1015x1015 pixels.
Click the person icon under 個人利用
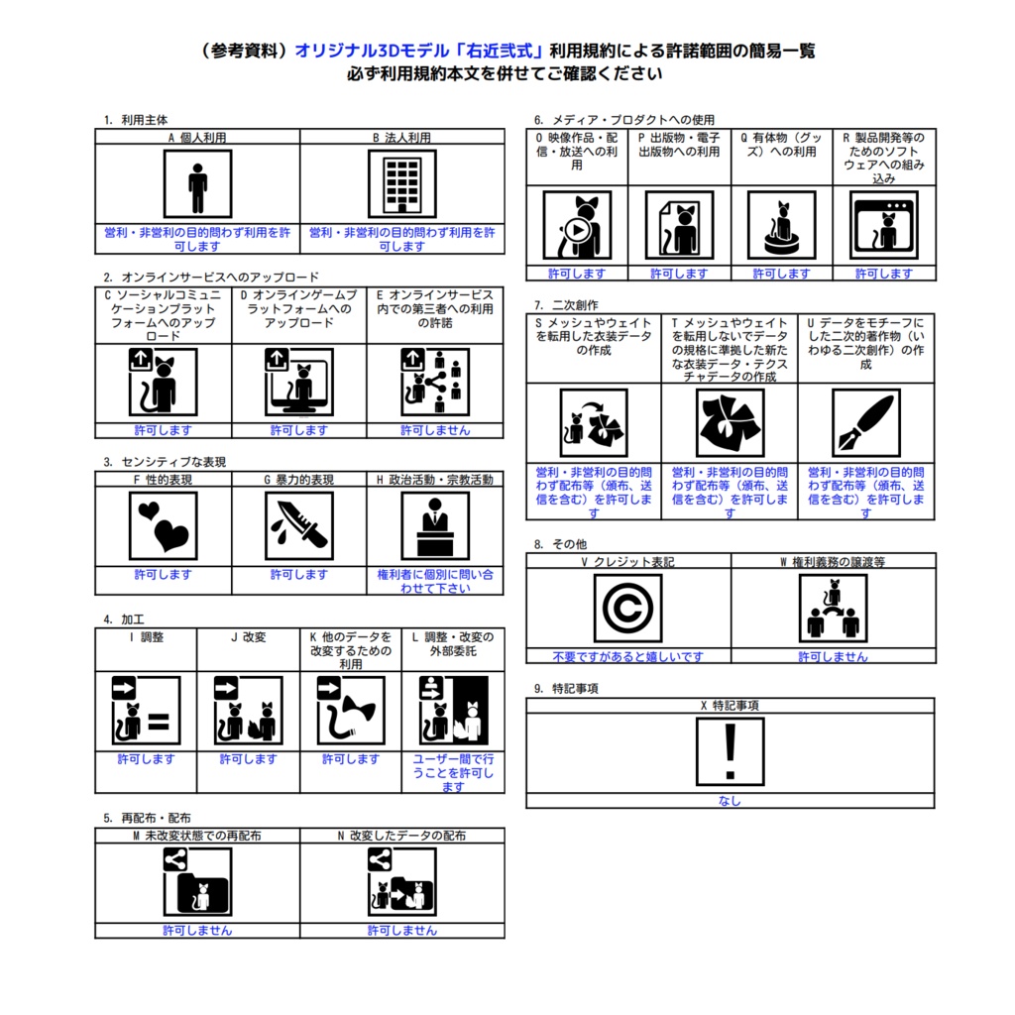click(197, 184)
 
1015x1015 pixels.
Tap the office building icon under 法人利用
click(402, 184)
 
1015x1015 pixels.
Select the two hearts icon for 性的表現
click(164, 525)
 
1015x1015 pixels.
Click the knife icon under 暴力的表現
click(299, 525)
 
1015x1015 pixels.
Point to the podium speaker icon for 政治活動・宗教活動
click(435, 525)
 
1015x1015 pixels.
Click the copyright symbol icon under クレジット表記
click(627, 609)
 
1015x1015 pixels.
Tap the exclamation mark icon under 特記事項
click(731, 751)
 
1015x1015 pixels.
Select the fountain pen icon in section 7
click(866, 423)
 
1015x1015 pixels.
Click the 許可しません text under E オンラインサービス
click(435, 430)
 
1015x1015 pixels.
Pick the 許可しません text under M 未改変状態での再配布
click(197, 930)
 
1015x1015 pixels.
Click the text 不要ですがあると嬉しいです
click(627, 656)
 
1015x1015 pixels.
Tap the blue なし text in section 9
click(730, 801)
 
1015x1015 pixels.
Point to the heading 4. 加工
click(124, 620)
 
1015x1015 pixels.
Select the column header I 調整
click(147, 637)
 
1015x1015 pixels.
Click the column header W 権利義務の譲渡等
click(833, 562)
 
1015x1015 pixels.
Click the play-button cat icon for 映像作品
click(577, 225)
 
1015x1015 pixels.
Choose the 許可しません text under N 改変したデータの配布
click(402, 930)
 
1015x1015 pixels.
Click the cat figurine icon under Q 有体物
click(781, 225)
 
